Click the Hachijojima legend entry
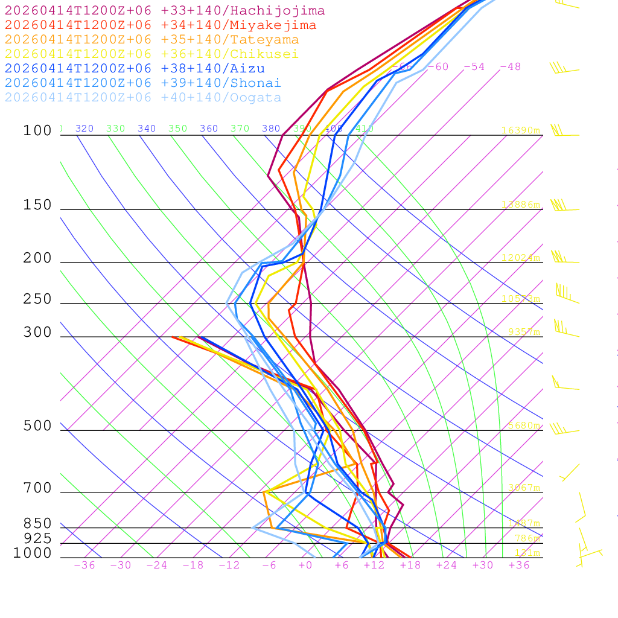(x=165, y=11)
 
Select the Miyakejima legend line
(x=161, y=25)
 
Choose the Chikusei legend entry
(x=151, y=54)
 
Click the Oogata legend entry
(x=143, y=98)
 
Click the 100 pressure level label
(x=37, y=130)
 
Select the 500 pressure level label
(x=37, y=426)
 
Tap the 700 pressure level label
(x=37, y=488)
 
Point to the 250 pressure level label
(x=37, y=299)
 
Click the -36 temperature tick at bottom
(x=84, y=565)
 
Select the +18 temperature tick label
(x=410, y=565)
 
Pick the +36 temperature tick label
(x=519, y=565)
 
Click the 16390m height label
(x=520, y=130)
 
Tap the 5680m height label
(x=523, y=425)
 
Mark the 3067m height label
(x=523, y=488)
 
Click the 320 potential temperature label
(x=84, y=129)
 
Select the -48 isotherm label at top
(x=510, y=67)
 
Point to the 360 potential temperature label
(x=209, y=129)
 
